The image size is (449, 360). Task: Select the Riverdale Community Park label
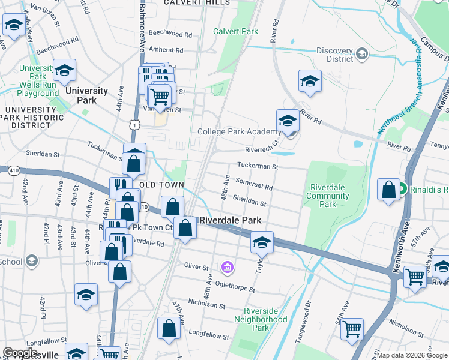pos(328,196)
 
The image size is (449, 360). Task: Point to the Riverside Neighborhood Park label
pos(265,319)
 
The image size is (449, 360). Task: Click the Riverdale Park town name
pos(231,220)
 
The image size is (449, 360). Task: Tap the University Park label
pos(87,95)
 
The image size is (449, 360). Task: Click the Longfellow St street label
pos(206,331)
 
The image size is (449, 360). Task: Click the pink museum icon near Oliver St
pos(228,266)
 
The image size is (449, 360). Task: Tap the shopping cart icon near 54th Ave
pos(352,328)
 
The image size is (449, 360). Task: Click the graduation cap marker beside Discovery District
pos(310,80)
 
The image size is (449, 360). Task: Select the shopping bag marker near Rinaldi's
pos(389,189)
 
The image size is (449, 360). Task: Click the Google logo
pos(20,353)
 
